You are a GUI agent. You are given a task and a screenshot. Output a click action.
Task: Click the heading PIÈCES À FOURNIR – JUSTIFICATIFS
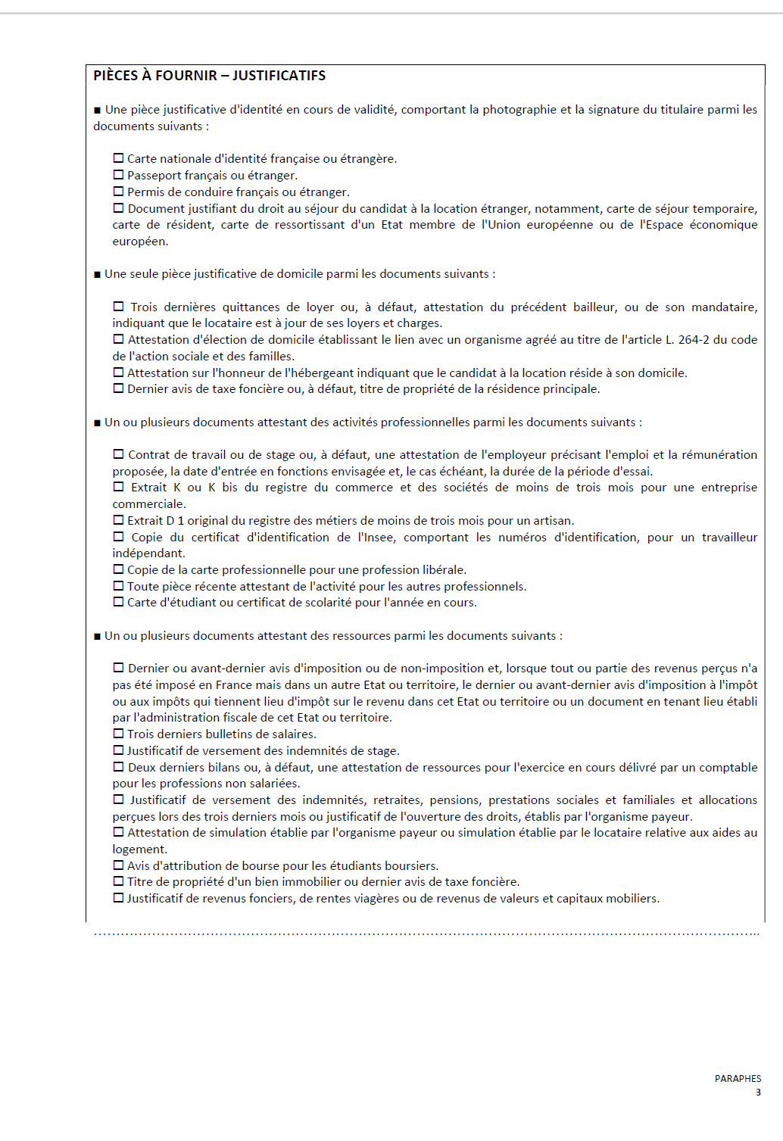point(209,76)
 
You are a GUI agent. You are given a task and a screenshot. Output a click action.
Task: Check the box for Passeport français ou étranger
point(118,175)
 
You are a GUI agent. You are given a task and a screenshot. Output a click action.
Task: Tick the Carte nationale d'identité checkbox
point(118,158)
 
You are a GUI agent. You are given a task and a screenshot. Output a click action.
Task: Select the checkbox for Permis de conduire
point(118,192)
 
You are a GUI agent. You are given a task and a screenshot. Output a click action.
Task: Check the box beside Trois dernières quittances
point(118,307)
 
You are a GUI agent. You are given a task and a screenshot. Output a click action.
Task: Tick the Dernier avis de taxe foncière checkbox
point(118,388)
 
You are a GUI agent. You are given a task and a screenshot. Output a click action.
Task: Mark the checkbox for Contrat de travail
point(118,454)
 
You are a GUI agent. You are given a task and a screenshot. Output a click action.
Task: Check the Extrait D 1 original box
point(118,520)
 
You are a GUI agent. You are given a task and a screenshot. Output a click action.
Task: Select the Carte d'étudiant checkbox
point(118,602)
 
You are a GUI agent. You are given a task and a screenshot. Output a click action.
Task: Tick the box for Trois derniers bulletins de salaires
point(118,734)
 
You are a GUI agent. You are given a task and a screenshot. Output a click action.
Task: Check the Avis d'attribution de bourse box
point(118,865)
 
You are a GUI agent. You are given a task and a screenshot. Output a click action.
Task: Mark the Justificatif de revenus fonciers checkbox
point(118,898)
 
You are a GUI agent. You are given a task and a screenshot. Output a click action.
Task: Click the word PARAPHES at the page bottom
point(738,1079)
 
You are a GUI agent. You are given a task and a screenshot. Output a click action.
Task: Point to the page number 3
point(758,1093)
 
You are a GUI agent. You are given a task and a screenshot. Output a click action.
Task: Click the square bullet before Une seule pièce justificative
point(97,274)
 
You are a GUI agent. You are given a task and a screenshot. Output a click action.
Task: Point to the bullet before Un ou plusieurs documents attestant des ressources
point(97,636)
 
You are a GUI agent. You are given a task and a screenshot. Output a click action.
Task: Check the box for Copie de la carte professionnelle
point(118,569)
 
